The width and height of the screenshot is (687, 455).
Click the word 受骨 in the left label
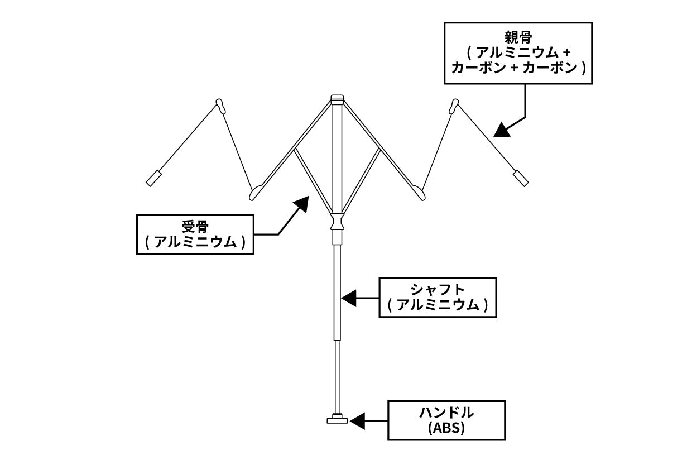pos(195,227)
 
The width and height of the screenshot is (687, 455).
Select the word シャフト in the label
pos(438,290)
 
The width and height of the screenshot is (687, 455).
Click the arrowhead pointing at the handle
pos(357,420)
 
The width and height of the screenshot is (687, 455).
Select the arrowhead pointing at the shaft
pos(349,298)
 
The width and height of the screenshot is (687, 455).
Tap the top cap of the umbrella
pos(337,99)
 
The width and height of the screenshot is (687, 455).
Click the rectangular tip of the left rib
pos(153,179)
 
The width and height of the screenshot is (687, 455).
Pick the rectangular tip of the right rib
pos(520,178)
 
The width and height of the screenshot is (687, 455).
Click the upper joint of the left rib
pos(221,106)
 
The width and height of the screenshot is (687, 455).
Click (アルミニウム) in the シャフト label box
pos(438,305)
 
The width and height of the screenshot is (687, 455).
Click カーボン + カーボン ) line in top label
pos(517,68)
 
